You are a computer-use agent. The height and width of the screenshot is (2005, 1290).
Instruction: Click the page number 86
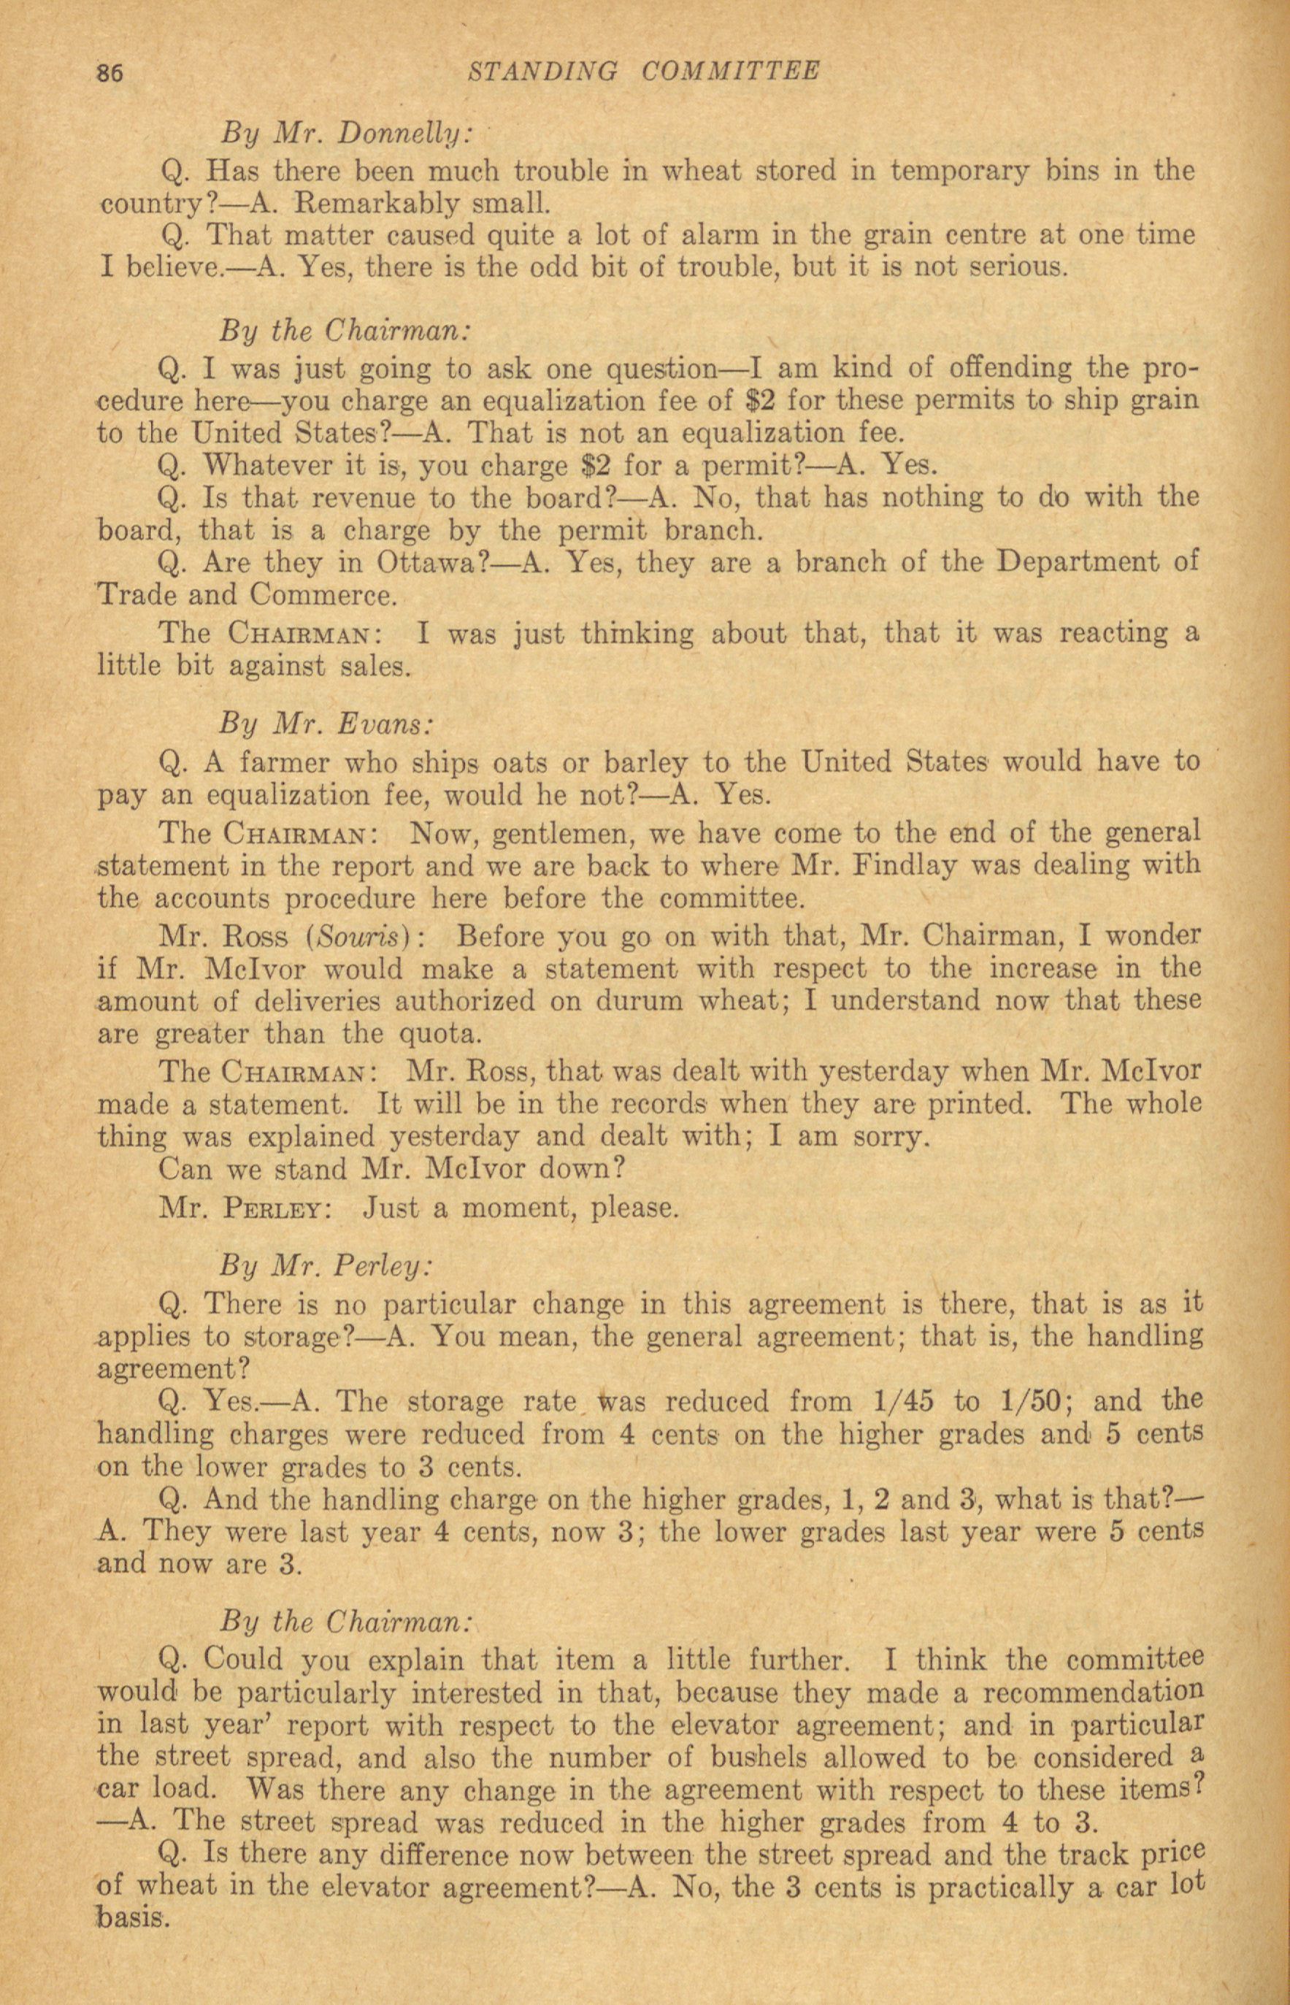tap(110, 74)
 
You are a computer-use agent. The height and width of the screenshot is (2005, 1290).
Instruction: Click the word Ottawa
tap(426, 563)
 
